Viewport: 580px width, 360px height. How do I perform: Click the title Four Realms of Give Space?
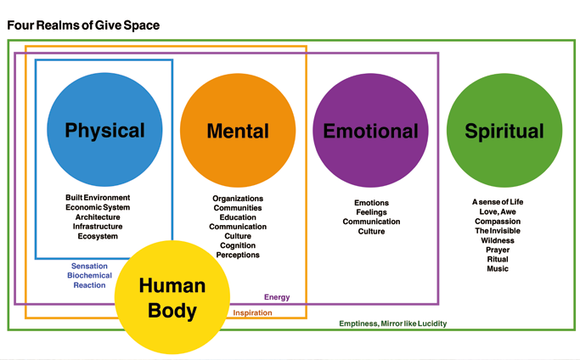(83, 25)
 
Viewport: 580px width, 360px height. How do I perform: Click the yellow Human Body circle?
(172, 297)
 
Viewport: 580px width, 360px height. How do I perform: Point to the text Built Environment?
(98, 198)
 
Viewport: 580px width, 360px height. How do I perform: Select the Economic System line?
(98, 207)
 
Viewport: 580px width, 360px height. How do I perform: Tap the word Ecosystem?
(98, 236)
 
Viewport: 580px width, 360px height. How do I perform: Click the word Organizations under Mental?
(238, 199)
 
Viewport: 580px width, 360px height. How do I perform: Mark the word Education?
(238, 217)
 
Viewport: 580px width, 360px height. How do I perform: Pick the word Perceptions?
(238, 255)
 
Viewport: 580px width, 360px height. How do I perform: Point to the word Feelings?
(371, 212)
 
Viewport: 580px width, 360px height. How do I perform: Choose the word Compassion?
(498, 221)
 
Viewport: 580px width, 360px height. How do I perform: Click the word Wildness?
(498, 240)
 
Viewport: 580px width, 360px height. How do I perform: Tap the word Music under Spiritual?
(498, 269)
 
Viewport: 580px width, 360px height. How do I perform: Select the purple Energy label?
(277, 297)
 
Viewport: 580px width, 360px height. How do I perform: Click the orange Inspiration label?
(252, 312)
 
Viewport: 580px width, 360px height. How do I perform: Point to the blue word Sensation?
(89, 266)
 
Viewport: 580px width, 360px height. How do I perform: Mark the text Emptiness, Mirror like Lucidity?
(392, 323)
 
